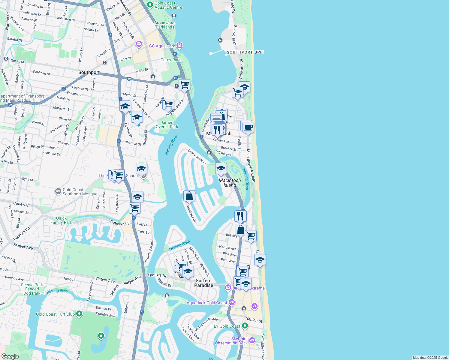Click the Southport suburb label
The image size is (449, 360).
tap(89, 72)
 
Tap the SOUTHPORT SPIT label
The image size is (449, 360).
tap(245, 52)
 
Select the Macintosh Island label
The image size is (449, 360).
tap(230, 183)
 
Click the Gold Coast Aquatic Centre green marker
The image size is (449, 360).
tap(150, 4)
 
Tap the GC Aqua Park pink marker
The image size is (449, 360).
tap(179, 46)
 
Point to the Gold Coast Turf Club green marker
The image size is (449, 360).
tap(79, 314)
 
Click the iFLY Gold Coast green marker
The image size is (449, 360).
tap(245, 325)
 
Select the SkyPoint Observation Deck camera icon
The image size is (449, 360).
tap(252, 340)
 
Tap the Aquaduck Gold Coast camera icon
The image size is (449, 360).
tap(231, 302)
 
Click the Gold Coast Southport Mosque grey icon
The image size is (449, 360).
tap(58, 191)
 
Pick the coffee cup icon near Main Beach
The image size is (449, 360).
tap(249, 127)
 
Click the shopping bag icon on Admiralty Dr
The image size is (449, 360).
tap(189, 196)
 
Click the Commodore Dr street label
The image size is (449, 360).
tap(197, 157)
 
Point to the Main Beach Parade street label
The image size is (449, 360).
tap(251, 166)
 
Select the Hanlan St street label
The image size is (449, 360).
tap(254, 320)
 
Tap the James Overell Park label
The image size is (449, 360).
tap(167, 124)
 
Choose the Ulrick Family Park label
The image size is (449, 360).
tap(61, 220)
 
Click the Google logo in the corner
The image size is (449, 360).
tap(10, 356)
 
